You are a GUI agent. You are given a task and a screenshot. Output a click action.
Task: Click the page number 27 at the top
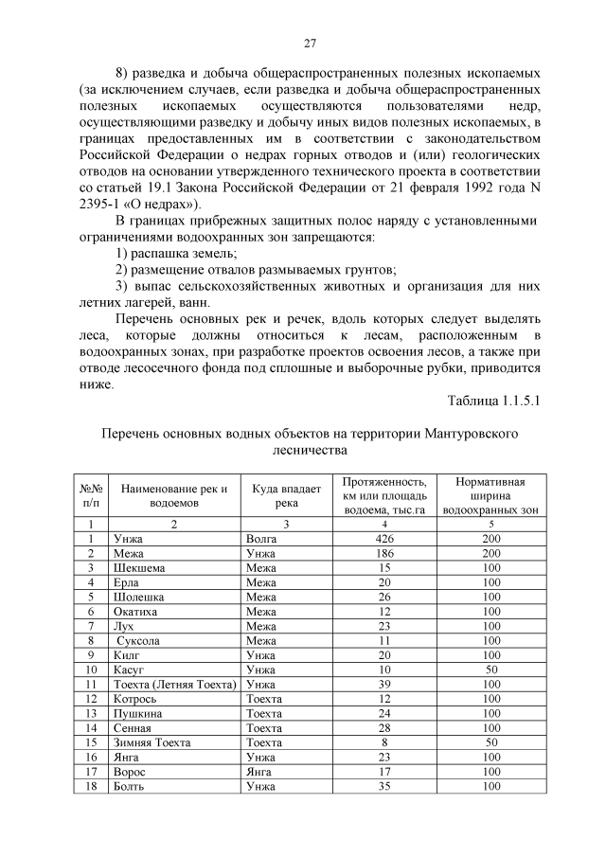309,43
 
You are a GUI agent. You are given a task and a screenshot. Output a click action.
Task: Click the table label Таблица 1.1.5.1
493,401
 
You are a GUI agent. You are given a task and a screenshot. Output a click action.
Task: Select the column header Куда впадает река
286,495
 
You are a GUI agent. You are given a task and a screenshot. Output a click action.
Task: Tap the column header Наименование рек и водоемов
174,495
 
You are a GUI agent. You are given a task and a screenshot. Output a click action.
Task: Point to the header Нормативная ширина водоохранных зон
490,495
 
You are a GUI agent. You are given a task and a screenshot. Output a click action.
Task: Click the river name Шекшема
139,567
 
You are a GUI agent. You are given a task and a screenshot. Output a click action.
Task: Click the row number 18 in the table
91,787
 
